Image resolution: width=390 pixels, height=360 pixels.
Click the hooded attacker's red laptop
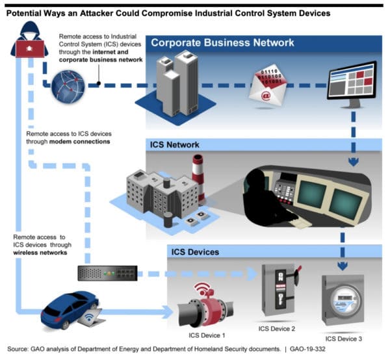30,49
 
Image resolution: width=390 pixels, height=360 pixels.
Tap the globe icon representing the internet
68,86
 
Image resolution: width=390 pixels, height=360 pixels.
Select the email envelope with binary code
268,88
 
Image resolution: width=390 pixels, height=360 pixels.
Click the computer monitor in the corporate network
352,84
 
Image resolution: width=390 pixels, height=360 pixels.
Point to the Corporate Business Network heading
222,43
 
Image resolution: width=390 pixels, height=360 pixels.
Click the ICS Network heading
174,145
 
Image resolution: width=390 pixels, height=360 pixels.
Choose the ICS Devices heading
195,252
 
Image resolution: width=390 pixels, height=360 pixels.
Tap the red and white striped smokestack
198,179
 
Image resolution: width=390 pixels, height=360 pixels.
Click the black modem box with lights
107,273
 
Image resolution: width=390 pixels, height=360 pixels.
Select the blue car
70,309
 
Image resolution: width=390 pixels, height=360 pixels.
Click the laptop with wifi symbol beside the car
91,317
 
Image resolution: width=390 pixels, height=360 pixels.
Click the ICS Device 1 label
207,335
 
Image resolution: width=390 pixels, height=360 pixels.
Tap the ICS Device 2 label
277,329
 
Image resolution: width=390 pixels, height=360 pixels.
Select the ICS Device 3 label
343,339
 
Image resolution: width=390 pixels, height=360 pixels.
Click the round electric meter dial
344,300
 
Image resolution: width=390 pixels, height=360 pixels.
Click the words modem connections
79,142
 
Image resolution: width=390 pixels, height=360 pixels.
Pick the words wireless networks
40,253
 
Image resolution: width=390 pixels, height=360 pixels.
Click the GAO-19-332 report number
307,349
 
